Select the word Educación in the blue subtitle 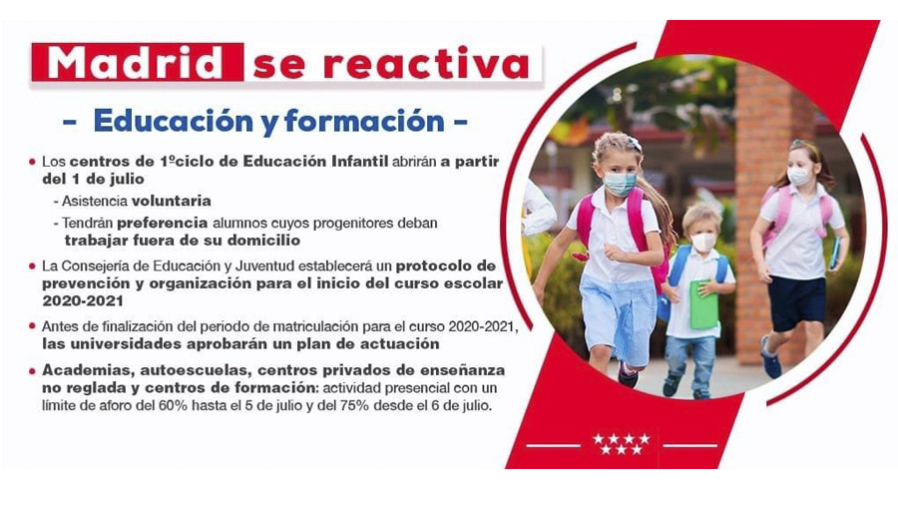click(174, 121)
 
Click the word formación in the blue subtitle click(364, 121)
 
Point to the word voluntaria click(172, 201)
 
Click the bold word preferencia click(162, 223)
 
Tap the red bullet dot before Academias click(32, 371)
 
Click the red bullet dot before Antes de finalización click(32, 326)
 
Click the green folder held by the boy click(703, 304)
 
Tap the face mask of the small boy click(702, 242)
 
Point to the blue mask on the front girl click(619, 184)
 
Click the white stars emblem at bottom click(622, 444)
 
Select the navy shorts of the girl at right click(796, 302)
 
